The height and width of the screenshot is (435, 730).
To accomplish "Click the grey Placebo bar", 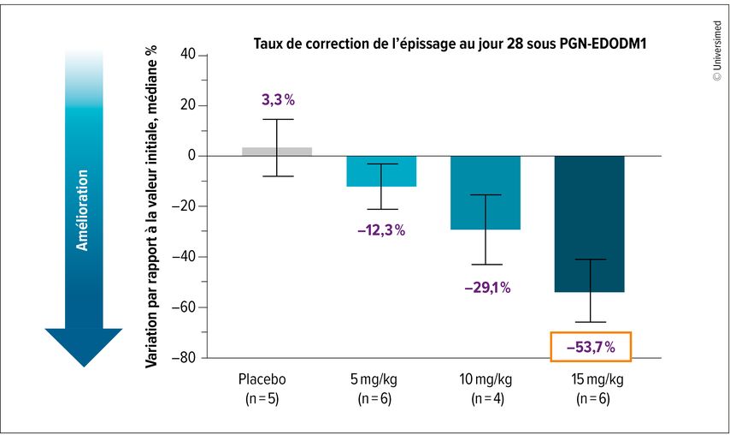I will [x=276, y=152].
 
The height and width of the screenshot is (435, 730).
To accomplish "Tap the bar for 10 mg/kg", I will [x=486, y=193].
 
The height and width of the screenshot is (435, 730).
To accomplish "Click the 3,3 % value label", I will [x=278, y=100].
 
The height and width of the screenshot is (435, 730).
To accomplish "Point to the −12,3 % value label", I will [x=381, y=230].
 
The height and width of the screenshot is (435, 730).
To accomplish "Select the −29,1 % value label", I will [x=487, y=289].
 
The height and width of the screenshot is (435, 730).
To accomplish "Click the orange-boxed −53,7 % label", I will [x=591, y=347].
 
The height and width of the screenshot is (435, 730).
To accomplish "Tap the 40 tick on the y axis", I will [x=189, y=56].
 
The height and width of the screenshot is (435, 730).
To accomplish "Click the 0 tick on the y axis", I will [x=192, y=156].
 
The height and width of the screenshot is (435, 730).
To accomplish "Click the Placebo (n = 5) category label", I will [x=261, y=388].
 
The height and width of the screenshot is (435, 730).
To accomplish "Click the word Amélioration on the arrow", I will [x=83, y=210].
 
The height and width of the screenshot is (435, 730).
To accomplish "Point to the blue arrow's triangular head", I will [x=83, y=346].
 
